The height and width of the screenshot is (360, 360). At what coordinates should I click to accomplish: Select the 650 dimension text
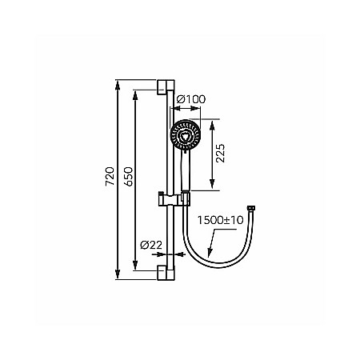coord(128,177)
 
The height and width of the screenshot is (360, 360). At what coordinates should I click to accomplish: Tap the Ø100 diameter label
coord(190,98)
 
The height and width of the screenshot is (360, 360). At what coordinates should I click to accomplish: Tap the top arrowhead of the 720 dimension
coord(118,83)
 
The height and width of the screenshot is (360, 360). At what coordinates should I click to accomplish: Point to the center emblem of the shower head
coord(186,135)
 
